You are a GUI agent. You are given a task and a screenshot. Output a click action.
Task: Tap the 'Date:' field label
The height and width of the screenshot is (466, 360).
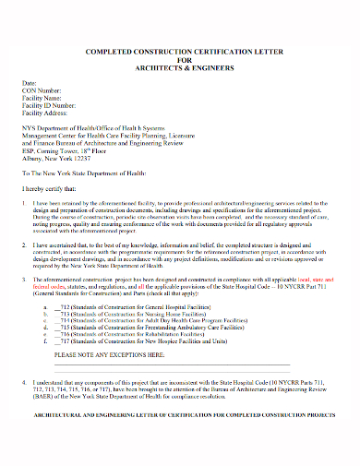[x=30, y=83]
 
